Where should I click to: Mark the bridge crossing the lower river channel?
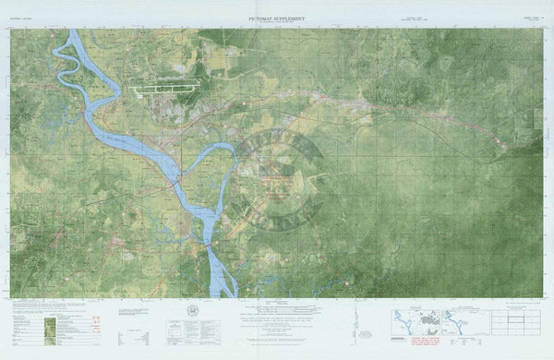point(209,243)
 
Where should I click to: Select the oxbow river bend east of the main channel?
point(212,152)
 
